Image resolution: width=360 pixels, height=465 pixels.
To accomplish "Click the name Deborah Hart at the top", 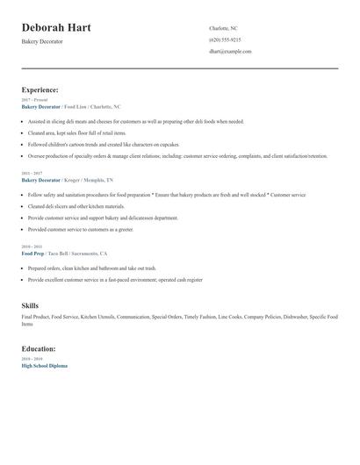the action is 56,27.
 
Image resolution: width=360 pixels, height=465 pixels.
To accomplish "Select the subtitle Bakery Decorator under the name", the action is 42,41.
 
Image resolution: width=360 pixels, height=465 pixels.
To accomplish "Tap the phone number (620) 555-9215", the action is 225,39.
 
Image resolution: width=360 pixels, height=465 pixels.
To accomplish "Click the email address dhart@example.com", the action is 230,51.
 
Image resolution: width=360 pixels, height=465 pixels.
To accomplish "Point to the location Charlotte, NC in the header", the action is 223,28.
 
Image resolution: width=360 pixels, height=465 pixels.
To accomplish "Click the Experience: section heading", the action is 40,89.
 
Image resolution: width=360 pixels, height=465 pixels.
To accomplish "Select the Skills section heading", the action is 30,304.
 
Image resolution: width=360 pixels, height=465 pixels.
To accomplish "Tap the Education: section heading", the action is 39,348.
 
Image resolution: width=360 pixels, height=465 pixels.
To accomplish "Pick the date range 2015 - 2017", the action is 31,174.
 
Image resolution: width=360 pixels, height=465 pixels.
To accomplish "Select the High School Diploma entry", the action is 44,365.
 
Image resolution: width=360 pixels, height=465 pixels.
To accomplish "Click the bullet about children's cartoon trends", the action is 104,144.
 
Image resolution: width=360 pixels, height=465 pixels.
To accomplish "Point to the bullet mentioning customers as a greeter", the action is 81,229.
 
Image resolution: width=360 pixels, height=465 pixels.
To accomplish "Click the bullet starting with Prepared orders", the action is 91,268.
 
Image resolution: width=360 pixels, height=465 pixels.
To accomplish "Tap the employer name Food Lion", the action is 77,106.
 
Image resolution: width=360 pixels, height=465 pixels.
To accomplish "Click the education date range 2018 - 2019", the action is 31,359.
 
